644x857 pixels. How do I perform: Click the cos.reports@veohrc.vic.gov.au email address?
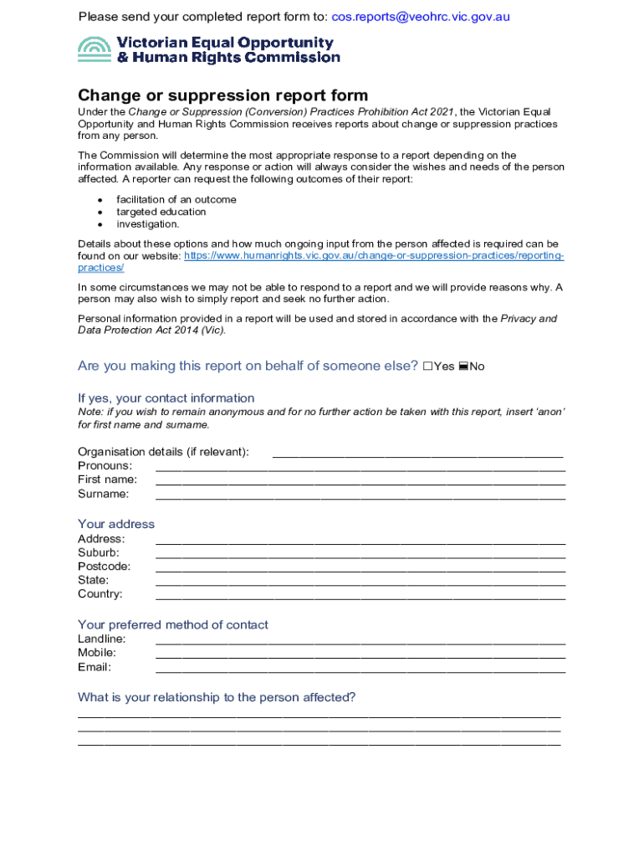click(x=421, y=17)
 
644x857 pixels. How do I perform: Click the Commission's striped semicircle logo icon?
click(x=95, y=50)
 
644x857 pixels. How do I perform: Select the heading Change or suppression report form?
click(x=222, y=95)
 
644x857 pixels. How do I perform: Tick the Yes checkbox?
click(x=428, y=367)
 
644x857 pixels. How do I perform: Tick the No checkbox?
click(x=463, y=367)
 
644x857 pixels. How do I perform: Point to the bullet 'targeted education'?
click(x=161, y=212)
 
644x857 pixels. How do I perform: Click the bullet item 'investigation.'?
click(x=147, y=224)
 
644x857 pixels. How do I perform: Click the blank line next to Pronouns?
click(x=360, y=467)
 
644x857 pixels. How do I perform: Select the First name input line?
click(x=360, y=481)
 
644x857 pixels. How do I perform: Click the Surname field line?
click(x=360, y=495)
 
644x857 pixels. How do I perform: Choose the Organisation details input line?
click(x=417, y=454)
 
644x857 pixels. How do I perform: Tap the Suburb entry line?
click(x=360, y=554)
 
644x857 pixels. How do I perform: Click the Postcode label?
click(x=104, y=567)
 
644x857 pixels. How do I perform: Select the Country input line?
click(x=360, y=596)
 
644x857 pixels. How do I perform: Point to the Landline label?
click(x=102, y=639)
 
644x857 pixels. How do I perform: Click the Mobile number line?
click(x=360, y=654)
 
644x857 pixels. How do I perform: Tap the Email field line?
click(x=360, y=669)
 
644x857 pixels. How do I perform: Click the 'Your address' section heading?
click(x=116, y=524)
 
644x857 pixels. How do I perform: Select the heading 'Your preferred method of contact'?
click(x=173, y=625)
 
